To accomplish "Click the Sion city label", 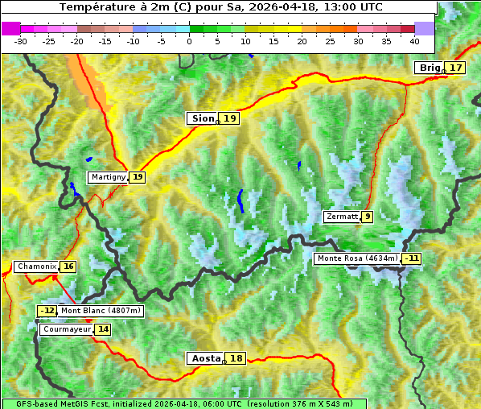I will point(202,118).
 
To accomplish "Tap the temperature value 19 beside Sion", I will point(230,118).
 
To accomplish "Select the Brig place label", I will point(430,68).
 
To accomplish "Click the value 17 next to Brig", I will point(456,68).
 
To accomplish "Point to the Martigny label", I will point(108,177).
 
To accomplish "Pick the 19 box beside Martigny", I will point(138,177).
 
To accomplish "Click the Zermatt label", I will point(342,217).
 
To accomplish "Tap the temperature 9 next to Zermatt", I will point(368,217).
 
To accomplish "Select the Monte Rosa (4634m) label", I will point(356,258).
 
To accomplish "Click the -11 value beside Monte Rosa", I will point(412,258).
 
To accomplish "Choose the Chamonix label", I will point(36,266).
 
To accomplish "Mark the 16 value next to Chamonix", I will point(68,266).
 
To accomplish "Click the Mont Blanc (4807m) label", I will point(101,311).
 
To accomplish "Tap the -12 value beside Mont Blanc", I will point(47,311).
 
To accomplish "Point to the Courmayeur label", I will point(66,329).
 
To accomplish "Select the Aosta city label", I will point(204,358).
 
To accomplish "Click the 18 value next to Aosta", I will point(236,358).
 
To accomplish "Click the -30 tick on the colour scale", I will point(21,40).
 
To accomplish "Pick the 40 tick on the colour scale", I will point(414,40).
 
